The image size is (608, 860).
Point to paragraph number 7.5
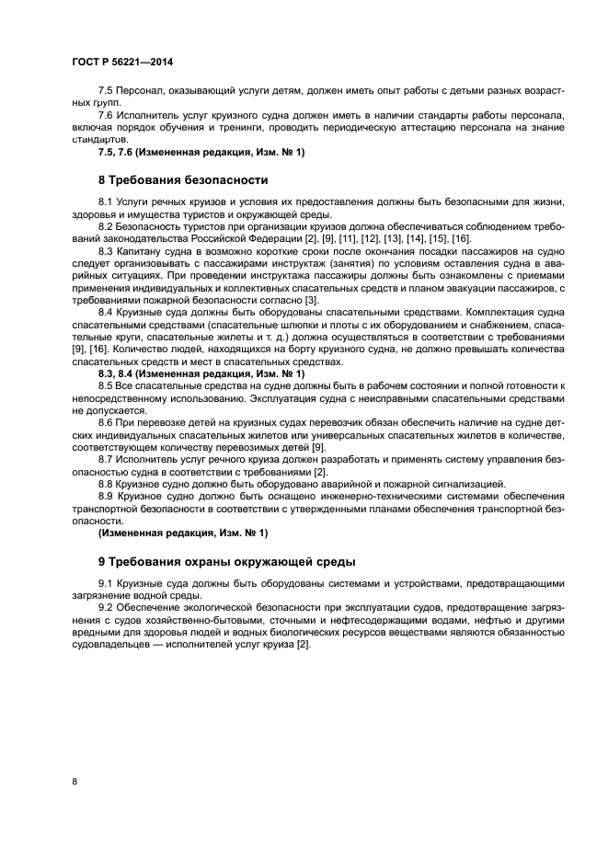[108, 92]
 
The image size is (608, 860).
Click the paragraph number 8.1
[108, 201]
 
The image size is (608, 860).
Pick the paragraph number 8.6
[108, 421]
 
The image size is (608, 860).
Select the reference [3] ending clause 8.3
[312, 300]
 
